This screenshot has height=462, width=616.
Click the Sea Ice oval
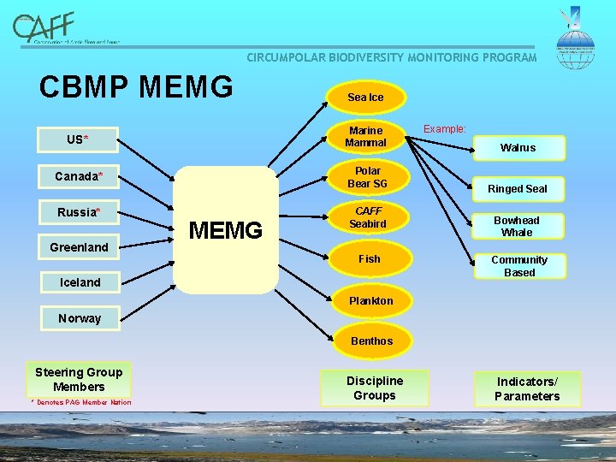coord(365,98)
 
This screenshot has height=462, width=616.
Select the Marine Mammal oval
coord(366,137)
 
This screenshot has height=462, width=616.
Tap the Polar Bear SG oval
coord(369,178)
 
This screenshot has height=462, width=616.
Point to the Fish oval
coord(370,258)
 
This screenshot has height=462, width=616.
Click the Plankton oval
coord(370,300)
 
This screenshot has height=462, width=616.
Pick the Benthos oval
coord(371,341)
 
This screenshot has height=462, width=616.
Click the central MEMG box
coord(226,230)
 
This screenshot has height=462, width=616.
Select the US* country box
coord(78,139)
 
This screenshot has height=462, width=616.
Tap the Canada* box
coord(79,176)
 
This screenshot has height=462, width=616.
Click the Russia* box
coord(79,212)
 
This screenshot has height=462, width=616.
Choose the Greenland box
coord(79,247)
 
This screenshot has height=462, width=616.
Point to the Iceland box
coord(80,282)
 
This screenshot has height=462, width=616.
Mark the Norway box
coord(80,318)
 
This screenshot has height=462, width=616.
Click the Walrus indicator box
coord(518,148)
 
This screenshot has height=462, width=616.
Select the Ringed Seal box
coord(518,188)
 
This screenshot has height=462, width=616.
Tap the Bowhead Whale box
coord(517,226)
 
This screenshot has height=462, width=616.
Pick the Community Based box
coord(518,266)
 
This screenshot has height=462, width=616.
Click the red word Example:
coord(445,129)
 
